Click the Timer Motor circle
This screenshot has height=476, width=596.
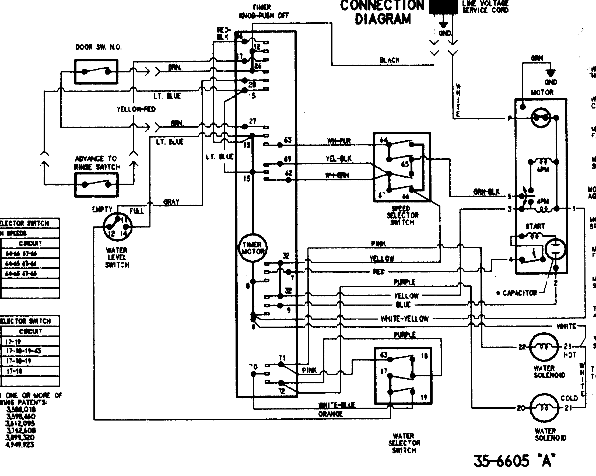point(252,248)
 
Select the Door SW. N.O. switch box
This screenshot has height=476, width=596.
point(96,72)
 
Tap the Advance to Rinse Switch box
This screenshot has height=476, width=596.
point(96,185)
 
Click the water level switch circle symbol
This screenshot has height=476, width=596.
point(117,227)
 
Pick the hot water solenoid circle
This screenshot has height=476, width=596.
point(544,347)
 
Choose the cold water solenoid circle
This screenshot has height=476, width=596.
point(544,408)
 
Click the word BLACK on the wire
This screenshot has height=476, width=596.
point(389,60)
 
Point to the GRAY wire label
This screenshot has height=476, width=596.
point(171,202)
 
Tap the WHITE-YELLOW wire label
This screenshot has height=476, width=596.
point(404,319)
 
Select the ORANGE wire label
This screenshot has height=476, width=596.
point(330,414)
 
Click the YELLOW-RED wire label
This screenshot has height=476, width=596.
point(136,109)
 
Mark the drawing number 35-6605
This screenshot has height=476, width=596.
point(501,461)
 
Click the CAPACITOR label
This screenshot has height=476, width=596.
point(520,293)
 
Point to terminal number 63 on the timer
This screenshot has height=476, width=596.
point(288,140)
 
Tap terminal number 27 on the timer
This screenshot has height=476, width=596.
point(253,121)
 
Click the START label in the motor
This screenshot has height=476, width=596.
point(535,226)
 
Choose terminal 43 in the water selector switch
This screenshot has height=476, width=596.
point(384,355)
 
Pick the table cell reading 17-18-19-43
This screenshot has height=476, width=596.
point(23,351)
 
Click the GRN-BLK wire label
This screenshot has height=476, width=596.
point(486,192)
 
